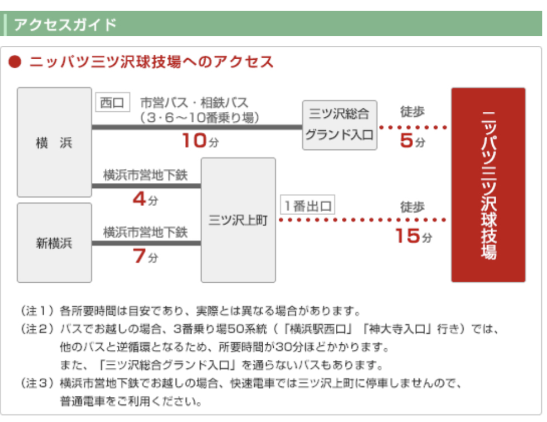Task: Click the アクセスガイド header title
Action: (x=65, y=25)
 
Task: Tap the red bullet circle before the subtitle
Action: (x=15, y=62)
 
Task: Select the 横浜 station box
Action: (x=54, y=143)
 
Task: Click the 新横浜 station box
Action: (x=54, y=243)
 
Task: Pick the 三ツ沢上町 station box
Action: (x=238, y=220)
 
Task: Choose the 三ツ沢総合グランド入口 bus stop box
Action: (x=340, y=125)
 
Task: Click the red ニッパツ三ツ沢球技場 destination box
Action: (x=488, y=184)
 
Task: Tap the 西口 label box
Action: (x=113, y=102)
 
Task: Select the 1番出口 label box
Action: (x=308, y=205)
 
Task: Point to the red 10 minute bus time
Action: (x=200, y=141)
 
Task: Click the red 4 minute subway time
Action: (x=145, y=200)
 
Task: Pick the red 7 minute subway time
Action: (x=145, y=256)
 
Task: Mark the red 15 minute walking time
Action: (x=413, y=236)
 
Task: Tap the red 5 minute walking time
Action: (x=412, y=141)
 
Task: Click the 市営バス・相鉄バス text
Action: (x=194, y=103)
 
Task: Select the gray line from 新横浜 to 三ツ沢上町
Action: (x=146, y=243)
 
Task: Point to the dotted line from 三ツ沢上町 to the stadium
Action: (x=363, y=220)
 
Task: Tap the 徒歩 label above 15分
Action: (x=412, y=207)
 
